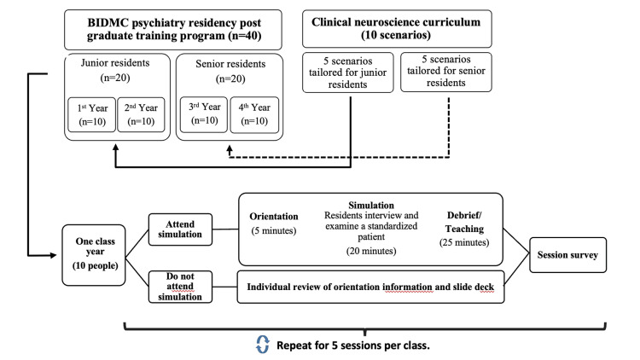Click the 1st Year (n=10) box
(91, 114)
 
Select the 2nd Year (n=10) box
(141, 114)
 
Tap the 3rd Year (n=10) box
(204, 114)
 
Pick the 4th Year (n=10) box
(254, 114)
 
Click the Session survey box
(567, 255)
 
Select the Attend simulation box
(180, 229)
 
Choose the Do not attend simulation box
(180, 287)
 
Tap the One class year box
(94, 255)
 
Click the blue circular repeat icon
(263, 344)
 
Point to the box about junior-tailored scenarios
(348, 73)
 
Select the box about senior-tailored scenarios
(446, 72)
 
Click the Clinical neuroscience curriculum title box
(397, 28)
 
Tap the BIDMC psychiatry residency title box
(173, 30)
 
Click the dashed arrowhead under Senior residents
(230, 149)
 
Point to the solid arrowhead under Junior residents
(116, 148)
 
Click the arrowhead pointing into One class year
(53, 256)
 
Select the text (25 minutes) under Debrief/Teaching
(464, 242)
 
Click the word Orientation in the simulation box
(274, 217)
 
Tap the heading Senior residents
(230, 64)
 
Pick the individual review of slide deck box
(370, 287)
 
